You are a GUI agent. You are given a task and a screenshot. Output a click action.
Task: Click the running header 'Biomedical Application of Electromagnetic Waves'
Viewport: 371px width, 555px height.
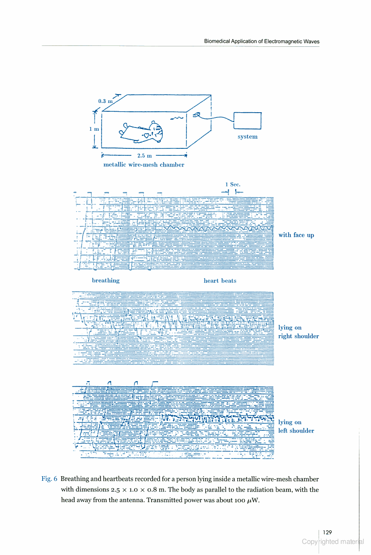[262, 41]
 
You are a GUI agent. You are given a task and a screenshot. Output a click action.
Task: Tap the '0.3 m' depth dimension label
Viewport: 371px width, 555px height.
[105, 101]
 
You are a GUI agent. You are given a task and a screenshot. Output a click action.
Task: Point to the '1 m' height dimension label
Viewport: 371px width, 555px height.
[94, 129]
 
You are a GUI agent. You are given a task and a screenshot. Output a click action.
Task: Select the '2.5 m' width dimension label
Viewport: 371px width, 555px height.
[144, 155]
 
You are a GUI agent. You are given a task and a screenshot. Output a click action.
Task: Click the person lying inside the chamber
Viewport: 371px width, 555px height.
[141, 133]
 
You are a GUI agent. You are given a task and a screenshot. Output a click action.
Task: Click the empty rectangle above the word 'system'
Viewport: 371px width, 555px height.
[248, 121]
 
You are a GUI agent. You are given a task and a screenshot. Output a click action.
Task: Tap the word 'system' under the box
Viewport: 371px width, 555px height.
[248, 137]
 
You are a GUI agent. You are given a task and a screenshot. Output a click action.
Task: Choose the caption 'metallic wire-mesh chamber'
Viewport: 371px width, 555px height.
[144, 165]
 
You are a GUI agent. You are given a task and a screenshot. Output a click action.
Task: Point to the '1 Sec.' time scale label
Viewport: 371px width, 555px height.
[233, 185]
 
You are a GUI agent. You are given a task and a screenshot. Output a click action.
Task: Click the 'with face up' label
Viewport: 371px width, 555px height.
[296, 235]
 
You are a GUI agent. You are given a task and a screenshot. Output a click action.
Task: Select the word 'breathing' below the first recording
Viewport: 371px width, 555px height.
[106, 281]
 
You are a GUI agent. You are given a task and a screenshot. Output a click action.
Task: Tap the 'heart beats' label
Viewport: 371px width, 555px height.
[220, 281]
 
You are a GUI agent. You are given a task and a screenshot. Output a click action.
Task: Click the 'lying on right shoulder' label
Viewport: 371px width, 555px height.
[299, 332]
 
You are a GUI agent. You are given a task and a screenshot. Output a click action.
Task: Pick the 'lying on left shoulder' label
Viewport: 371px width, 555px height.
[296, 427]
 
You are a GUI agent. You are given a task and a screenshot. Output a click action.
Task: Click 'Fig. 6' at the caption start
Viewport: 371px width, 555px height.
[49, 479]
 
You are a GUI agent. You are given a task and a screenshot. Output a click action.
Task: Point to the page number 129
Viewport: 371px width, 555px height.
[327, 532]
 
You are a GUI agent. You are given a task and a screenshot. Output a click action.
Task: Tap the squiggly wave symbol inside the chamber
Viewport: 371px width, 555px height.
[177, 118]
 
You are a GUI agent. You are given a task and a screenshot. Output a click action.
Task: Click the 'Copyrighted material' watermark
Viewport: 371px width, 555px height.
[333, 542]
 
